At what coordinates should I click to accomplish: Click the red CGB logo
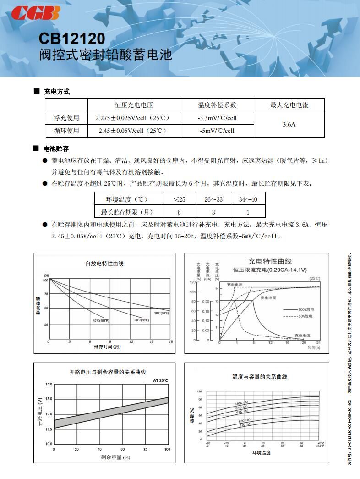pos(35,13)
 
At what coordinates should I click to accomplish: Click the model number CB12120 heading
pos(71,38)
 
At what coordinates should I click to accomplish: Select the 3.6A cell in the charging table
pos(289,124)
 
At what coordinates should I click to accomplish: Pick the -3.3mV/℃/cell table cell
pos(217,118)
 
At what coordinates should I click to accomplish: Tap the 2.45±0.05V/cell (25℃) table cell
pos(132,131)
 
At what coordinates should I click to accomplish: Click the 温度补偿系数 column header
pos(217,105)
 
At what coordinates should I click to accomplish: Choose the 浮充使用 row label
pos(66,118)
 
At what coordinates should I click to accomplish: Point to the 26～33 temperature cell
pos(213,199)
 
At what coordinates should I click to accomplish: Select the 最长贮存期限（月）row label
pos(127,212)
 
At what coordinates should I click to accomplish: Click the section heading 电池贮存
pos(56,149)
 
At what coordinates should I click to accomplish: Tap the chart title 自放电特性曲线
pos(104,264)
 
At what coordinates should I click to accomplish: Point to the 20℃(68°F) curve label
pos(161,313)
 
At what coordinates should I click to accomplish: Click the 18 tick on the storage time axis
pos(170,342)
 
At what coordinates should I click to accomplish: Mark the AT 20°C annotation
pos(160,380)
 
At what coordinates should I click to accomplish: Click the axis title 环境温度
pos(261,453)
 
